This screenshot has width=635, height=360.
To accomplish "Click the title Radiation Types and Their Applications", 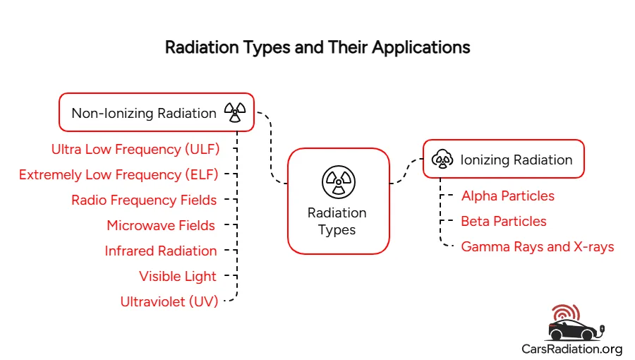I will pyautogui.click(x=317, y=48).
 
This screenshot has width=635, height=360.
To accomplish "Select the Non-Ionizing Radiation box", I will pyautogui.click(x=156, y=112).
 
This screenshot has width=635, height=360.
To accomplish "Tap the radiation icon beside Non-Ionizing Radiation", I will pyautogui.click(x=234, y=112).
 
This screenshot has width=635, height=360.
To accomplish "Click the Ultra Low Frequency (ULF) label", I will pyautogui.click(x=135, y=149).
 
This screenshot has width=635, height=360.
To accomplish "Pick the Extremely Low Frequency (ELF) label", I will pyautogui.click(x=119, y=174).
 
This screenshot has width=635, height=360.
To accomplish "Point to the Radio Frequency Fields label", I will pyautogui.click(x=144, y=200).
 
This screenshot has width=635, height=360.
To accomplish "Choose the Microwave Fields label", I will pyautogui.click(x=161, y=225).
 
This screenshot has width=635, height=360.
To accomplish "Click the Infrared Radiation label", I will pyautogui.click(x=161, y=251).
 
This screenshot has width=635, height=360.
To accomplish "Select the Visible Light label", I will pyautogui.click(x=178, y=276).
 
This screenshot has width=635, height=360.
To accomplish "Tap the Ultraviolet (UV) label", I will pyautogui.click(x=169, y=301).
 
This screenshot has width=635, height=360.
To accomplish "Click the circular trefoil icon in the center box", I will pyautogui.click(x=338, y=181).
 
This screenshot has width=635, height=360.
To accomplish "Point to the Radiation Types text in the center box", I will pyautogui.click(x=337, y=221).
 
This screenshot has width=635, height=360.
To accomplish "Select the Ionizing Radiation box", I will pyautogui.click(x=504, y=160).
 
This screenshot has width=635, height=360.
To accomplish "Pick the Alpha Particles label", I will pyautogui.click(x=508, y=196).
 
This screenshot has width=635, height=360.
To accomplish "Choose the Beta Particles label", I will pyautogui.click(x=504, y=221).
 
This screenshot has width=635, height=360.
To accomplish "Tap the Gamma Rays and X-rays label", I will pyautogui.click(x=538, y=246).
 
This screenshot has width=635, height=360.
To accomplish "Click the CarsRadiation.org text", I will pyautogui.click(x=571, y=349).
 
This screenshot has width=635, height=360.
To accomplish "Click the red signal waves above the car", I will pyautogui.click(x=564, y=313).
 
